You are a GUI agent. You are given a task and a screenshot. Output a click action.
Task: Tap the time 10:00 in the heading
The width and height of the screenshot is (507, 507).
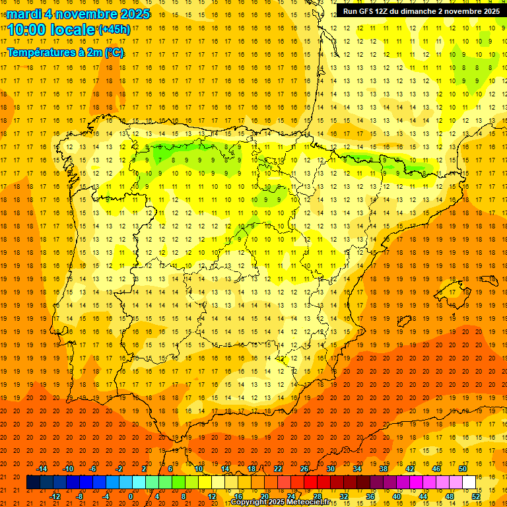[28, 30]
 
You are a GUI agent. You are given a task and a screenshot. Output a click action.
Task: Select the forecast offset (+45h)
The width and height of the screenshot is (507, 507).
[114, 30]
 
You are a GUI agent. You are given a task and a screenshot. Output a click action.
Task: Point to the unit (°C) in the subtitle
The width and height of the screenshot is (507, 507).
[114, 53]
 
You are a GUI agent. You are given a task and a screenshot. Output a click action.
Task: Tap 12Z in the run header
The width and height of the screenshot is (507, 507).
[388, 11]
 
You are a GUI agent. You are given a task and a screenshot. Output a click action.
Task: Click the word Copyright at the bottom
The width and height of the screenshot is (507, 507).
[249, 502]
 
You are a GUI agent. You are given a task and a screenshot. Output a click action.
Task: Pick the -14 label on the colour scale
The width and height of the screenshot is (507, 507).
[42, 469]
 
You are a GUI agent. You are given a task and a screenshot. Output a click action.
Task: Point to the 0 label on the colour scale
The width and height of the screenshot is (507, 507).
[131, 496]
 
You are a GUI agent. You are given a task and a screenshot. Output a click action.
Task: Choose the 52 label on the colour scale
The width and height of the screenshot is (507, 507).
[476, 496]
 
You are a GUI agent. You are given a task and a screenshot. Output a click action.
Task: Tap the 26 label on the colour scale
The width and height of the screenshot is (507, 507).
[304, 469]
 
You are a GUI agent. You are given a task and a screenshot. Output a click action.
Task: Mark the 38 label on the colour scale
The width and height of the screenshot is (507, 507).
[384, 469]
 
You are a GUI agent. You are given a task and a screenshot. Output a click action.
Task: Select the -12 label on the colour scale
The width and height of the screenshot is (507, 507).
[55, 496]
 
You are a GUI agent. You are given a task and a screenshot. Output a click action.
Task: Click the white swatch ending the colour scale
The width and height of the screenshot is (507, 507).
[469, 482]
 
